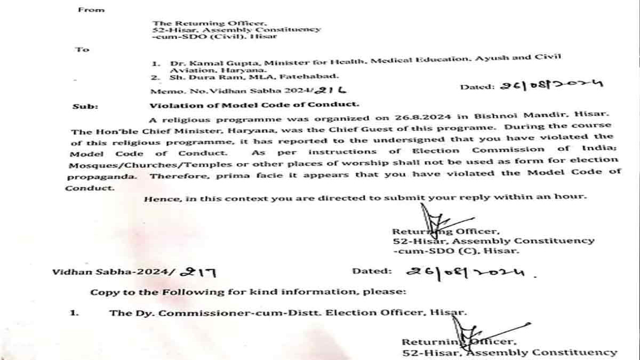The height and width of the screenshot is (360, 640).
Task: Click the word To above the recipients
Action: coord(82,49)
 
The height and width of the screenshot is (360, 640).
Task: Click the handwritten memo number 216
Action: coord(331,91)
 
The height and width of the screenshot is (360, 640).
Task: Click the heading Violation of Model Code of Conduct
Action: coord(254,105)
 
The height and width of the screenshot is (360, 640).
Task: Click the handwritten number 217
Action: coord(199,272)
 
